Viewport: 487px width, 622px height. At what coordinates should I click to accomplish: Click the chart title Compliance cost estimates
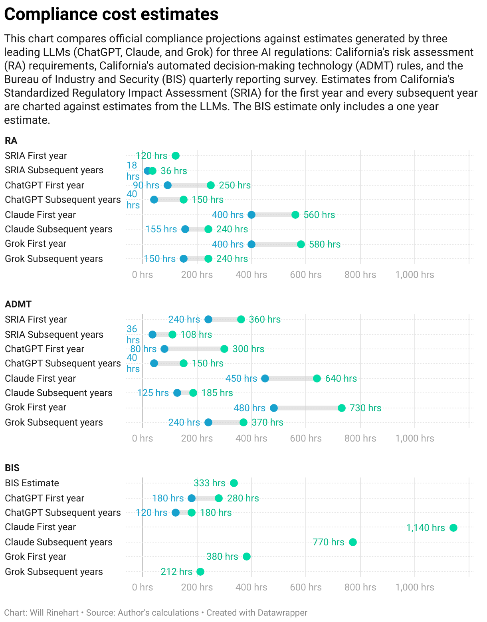click(x=111, y=14)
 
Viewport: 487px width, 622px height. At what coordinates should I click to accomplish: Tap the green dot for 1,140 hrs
click(x=453, y=528)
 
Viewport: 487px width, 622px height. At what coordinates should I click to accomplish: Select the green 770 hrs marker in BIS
click(x=352, y=542)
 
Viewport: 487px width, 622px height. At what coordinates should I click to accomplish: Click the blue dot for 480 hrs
click(x=273, y=408)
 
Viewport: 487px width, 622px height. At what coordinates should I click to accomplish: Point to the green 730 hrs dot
click(x=341, y=408)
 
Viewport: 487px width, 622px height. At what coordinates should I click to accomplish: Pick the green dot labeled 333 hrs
click(x=234, y=483)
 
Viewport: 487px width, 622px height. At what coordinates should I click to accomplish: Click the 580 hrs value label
click(x=325, y=244)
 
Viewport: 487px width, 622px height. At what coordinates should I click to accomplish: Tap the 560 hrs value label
click(x=319, y=215)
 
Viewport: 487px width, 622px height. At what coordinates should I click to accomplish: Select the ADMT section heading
click(x=18, y=304)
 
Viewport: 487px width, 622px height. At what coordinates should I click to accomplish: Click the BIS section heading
click(x=12, y=468)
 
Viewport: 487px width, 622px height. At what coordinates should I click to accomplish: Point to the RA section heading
click(x=11, y=141)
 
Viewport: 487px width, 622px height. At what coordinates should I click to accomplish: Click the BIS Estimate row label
click(x=32, y=483)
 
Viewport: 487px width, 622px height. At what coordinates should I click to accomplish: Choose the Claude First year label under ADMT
click(x=40, y=378)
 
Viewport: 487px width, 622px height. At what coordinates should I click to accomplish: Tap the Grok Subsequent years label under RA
click(x=54, y=259)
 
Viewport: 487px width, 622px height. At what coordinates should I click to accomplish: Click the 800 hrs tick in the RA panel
click(x=360, y=275)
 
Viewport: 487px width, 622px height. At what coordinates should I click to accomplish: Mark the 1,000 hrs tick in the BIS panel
click(x=414, y=587)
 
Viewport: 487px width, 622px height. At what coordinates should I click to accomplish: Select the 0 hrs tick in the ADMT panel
click(x=143, y=438)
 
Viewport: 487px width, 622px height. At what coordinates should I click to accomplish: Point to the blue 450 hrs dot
click(x=265, y=378)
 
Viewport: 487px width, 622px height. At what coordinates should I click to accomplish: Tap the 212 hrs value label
click(x=176, y=572)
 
